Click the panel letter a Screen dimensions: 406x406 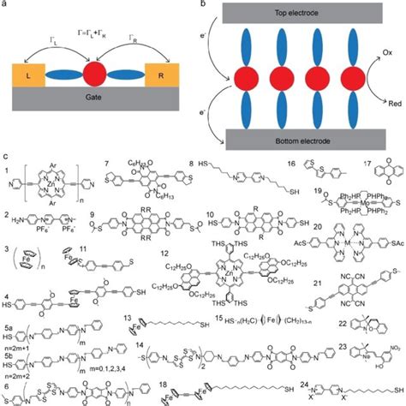click(x=7, y=5)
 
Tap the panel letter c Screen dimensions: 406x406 click(x=7, y=156)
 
